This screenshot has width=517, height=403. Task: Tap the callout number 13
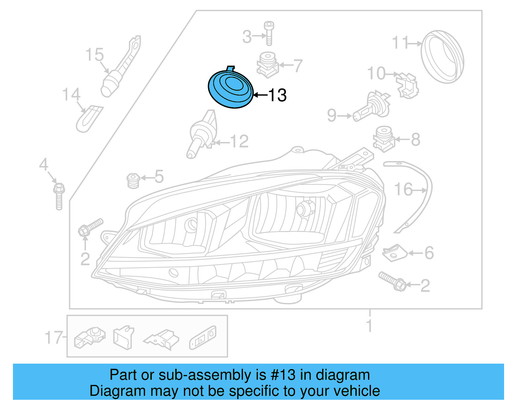(277, 95)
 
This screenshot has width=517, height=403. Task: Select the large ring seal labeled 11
(442, 57)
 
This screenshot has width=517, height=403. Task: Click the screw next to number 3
(269, 33)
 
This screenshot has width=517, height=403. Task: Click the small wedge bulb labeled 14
(88, 118)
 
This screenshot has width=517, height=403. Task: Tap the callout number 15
(94, 55)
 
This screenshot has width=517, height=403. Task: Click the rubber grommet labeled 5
(133, 181)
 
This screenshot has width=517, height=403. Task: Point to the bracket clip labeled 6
(395, 253)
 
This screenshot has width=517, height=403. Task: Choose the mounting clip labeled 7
(268, 65)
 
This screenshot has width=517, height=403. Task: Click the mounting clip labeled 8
(384, 139)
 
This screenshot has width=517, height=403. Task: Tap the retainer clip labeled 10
(408, 85)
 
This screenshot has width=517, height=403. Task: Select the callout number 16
(403, 190)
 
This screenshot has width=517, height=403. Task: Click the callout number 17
(53, 338)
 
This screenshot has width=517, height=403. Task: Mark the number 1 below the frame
(369, 326)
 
